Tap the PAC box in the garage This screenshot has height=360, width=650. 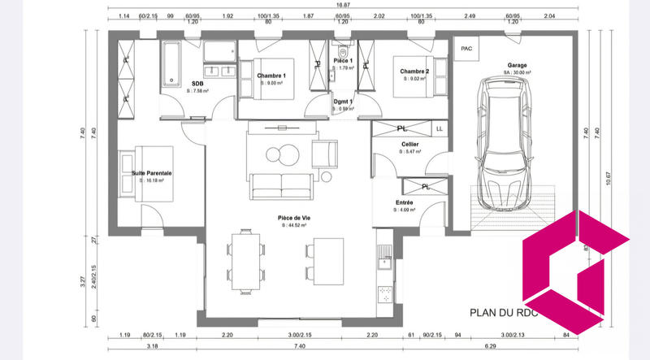466,49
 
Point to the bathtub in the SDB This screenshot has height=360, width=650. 171,64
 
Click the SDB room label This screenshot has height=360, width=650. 197,83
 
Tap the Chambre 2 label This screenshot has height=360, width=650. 414,72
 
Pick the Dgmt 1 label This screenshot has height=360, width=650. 344,102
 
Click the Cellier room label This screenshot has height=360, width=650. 409,144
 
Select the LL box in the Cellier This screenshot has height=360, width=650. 440,128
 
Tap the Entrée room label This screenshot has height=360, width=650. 404,202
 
